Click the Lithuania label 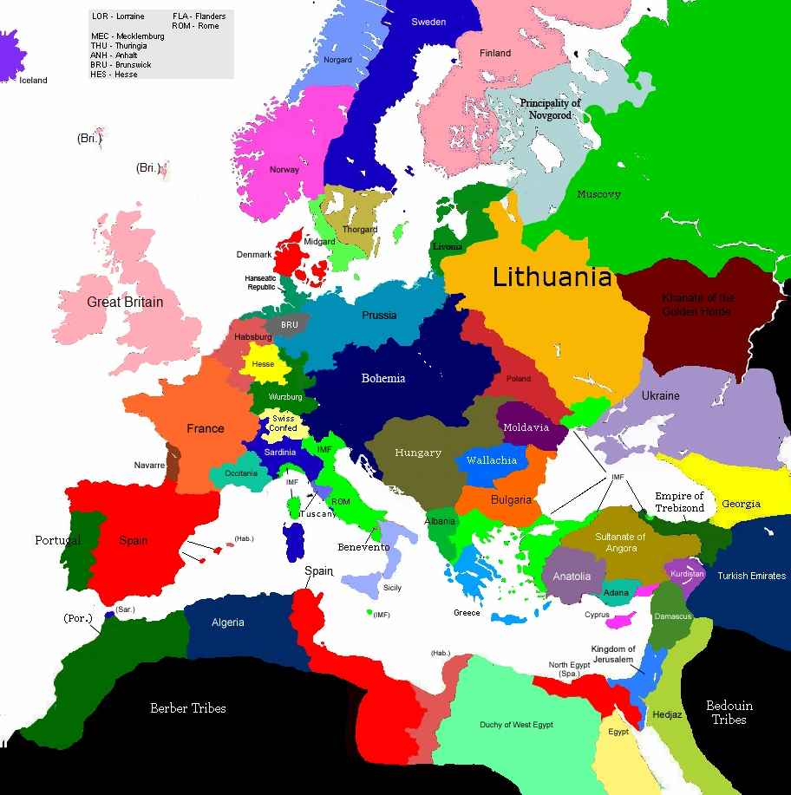(552, 277)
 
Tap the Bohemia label (383, 378)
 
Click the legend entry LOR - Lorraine (118, 16)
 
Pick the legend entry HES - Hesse (114, 75)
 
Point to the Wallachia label (491, 460)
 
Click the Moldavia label (526, 427)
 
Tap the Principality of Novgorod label (550, 108)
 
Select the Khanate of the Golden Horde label (697, 304)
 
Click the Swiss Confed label (283, 422)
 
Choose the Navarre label (149, 466)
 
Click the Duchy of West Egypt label (516, 725)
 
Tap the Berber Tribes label (187, 708)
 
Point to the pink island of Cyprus (622, 621)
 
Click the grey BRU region (288, 325)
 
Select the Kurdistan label (688, 573)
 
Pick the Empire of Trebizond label (679, 502)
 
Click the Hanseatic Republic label (260, 283)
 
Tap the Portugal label (57, 540)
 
